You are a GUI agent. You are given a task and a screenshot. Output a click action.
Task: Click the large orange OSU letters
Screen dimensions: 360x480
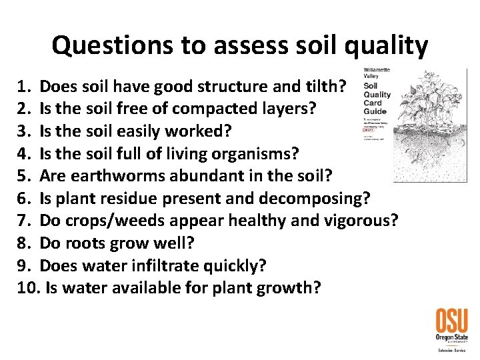tap(451, 321)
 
